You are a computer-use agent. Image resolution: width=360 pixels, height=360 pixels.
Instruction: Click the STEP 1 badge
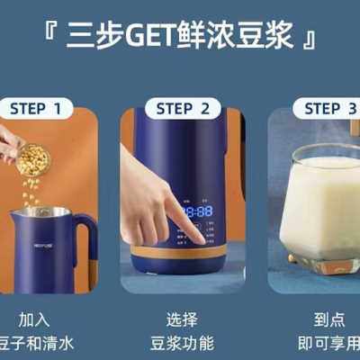coord(40,109)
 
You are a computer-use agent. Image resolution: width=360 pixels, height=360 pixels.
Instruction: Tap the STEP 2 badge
coord(188,109)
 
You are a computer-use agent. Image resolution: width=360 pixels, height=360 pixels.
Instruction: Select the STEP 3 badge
coord(328,109)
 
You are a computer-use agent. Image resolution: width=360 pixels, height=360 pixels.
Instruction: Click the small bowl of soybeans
coord(33,160)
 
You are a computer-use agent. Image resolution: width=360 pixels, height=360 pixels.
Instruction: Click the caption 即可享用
coord(328,342)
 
